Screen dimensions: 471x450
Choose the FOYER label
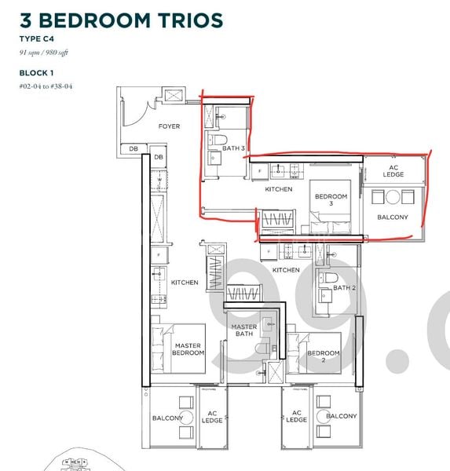click(169, 126)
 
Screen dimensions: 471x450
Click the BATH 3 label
click(233, 148)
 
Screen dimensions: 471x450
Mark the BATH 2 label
click(343, 288)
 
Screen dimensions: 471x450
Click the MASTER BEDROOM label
click(188, 349)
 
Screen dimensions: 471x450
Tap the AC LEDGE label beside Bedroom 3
click(393, 170)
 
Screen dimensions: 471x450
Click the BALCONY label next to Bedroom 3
click(393, 217)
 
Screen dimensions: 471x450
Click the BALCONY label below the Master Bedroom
click(167, 418)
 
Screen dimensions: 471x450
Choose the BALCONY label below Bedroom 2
click(341, 416)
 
